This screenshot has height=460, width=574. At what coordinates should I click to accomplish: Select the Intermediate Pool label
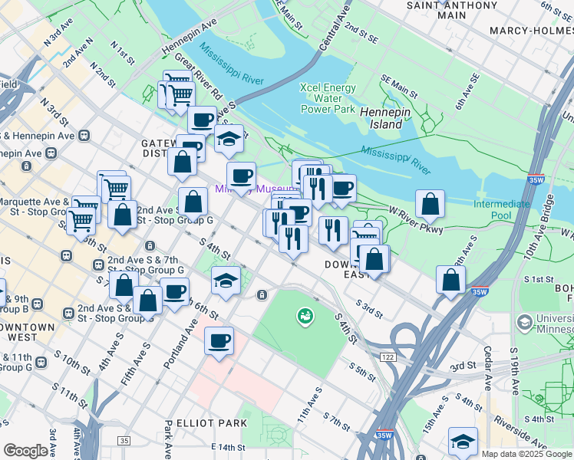(501, 209)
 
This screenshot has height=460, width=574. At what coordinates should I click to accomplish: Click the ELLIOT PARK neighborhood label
(211, 423)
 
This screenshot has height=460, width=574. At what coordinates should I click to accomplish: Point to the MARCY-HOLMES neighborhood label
(532, 31)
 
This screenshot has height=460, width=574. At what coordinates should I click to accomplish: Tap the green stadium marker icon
(305, 315)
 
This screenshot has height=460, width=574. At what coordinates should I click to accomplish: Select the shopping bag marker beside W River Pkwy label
(430, 204)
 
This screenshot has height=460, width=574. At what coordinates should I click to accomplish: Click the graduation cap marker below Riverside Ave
(463, 441)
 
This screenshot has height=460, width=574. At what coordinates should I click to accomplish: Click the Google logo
(25, 451)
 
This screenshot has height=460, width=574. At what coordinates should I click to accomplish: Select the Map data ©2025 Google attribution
(526, 454)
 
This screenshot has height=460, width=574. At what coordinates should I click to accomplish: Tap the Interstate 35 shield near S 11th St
(124, 441)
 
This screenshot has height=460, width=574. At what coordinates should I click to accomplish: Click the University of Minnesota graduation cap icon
(524, 323)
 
